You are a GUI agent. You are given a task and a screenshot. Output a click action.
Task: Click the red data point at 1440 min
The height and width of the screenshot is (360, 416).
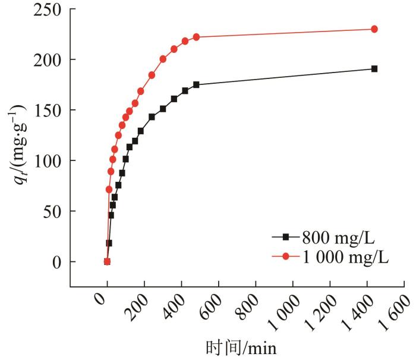pyautogui.click(x=374, y=29)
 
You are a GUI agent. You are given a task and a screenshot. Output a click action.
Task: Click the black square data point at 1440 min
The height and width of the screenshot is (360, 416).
pyautogui.click(x=374, y=69)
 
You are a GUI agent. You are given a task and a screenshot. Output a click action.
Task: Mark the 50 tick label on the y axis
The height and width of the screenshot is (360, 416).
pyautogui.click(x=52, y=211)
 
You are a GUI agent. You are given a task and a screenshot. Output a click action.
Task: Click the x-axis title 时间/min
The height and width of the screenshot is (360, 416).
pyautogui.click(x=241, y=346)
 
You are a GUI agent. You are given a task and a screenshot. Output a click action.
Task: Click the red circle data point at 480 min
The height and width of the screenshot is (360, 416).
pyautogui.click(x=196, y=37)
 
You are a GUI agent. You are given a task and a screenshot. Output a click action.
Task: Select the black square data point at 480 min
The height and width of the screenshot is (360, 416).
pyautogui.click(x=196, y=85)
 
